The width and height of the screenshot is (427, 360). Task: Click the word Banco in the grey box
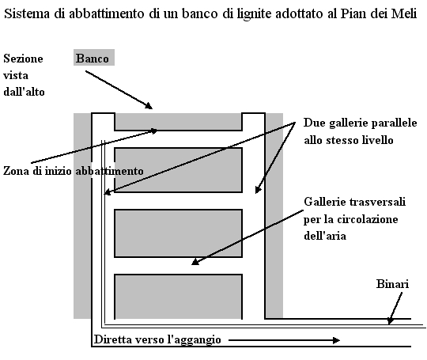[92, 59]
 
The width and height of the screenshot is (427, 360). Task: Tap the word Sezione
[23, 59]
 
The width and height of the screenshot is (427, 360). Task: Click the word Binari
[392, 284]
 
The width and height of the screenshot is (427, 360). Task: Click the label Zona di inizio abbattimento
[74, 171]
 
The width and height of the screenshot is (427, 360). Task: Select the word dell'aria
[325, 236]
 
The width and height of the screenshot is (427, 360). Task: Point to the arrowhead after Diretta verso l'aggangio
[337, 340]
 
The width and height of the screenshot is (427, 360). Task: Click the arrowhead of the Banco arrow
[149, 106]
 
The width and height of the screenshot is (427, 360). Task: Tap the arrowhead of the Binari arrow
[391, 320]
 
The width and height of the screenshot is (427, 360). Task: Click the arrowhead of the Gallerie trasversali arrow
[195, 262]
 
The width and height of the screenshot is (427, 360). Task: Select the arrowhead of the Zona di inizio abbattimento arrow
[154, 131]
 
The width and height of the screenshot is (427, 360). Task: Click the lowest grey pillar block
[179, 297]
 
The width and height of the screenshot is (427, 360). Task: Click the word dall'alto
[24, 92]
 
